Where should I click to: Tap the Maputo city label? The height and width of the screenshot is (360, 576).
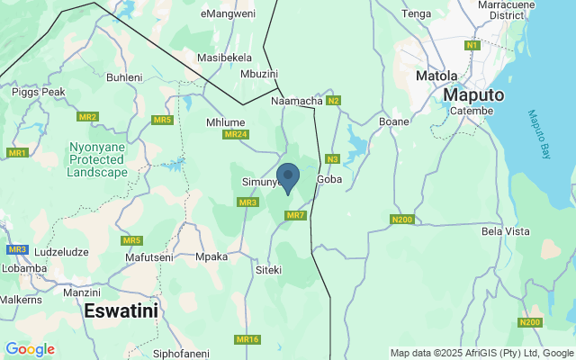tap(473, 94)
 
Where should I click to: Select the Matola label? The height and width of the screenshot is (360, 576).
tap(436, 76)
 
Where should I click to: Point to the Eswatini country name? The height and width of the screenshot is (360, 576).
tap(121, 311)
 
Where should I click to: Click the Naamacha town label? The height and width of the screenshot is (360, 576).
tap(297, 102)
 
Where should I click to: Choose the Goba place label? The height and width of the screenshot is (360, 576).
tap(330, 180)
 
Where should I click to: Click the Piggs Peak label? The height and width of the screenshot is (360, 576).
tap(38, 92)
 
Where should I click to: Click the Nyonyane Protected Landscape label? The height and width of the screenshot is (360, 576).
tap(97, 159)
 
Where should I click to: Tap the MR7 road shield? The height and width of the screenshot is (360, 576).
tap(296, 216)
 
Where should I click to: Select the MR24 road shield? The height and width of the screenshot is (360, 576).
tap(235, 135)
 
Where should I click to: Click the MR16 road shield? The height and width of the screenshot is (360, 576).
tap(247, 339)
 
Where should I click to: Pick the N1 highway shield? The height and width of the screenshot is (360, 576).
tap(473, 45)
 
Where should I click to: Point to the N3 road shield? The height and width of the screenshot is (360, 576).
tap(332, 159)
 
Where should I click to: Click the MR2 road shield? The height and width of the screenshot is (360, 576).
tap(87, 117)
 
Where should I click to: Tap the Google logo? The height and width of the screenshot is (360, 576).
tap(30, 349)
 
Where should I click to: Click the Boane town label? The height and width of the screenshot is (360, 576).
tap(394, 121)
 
